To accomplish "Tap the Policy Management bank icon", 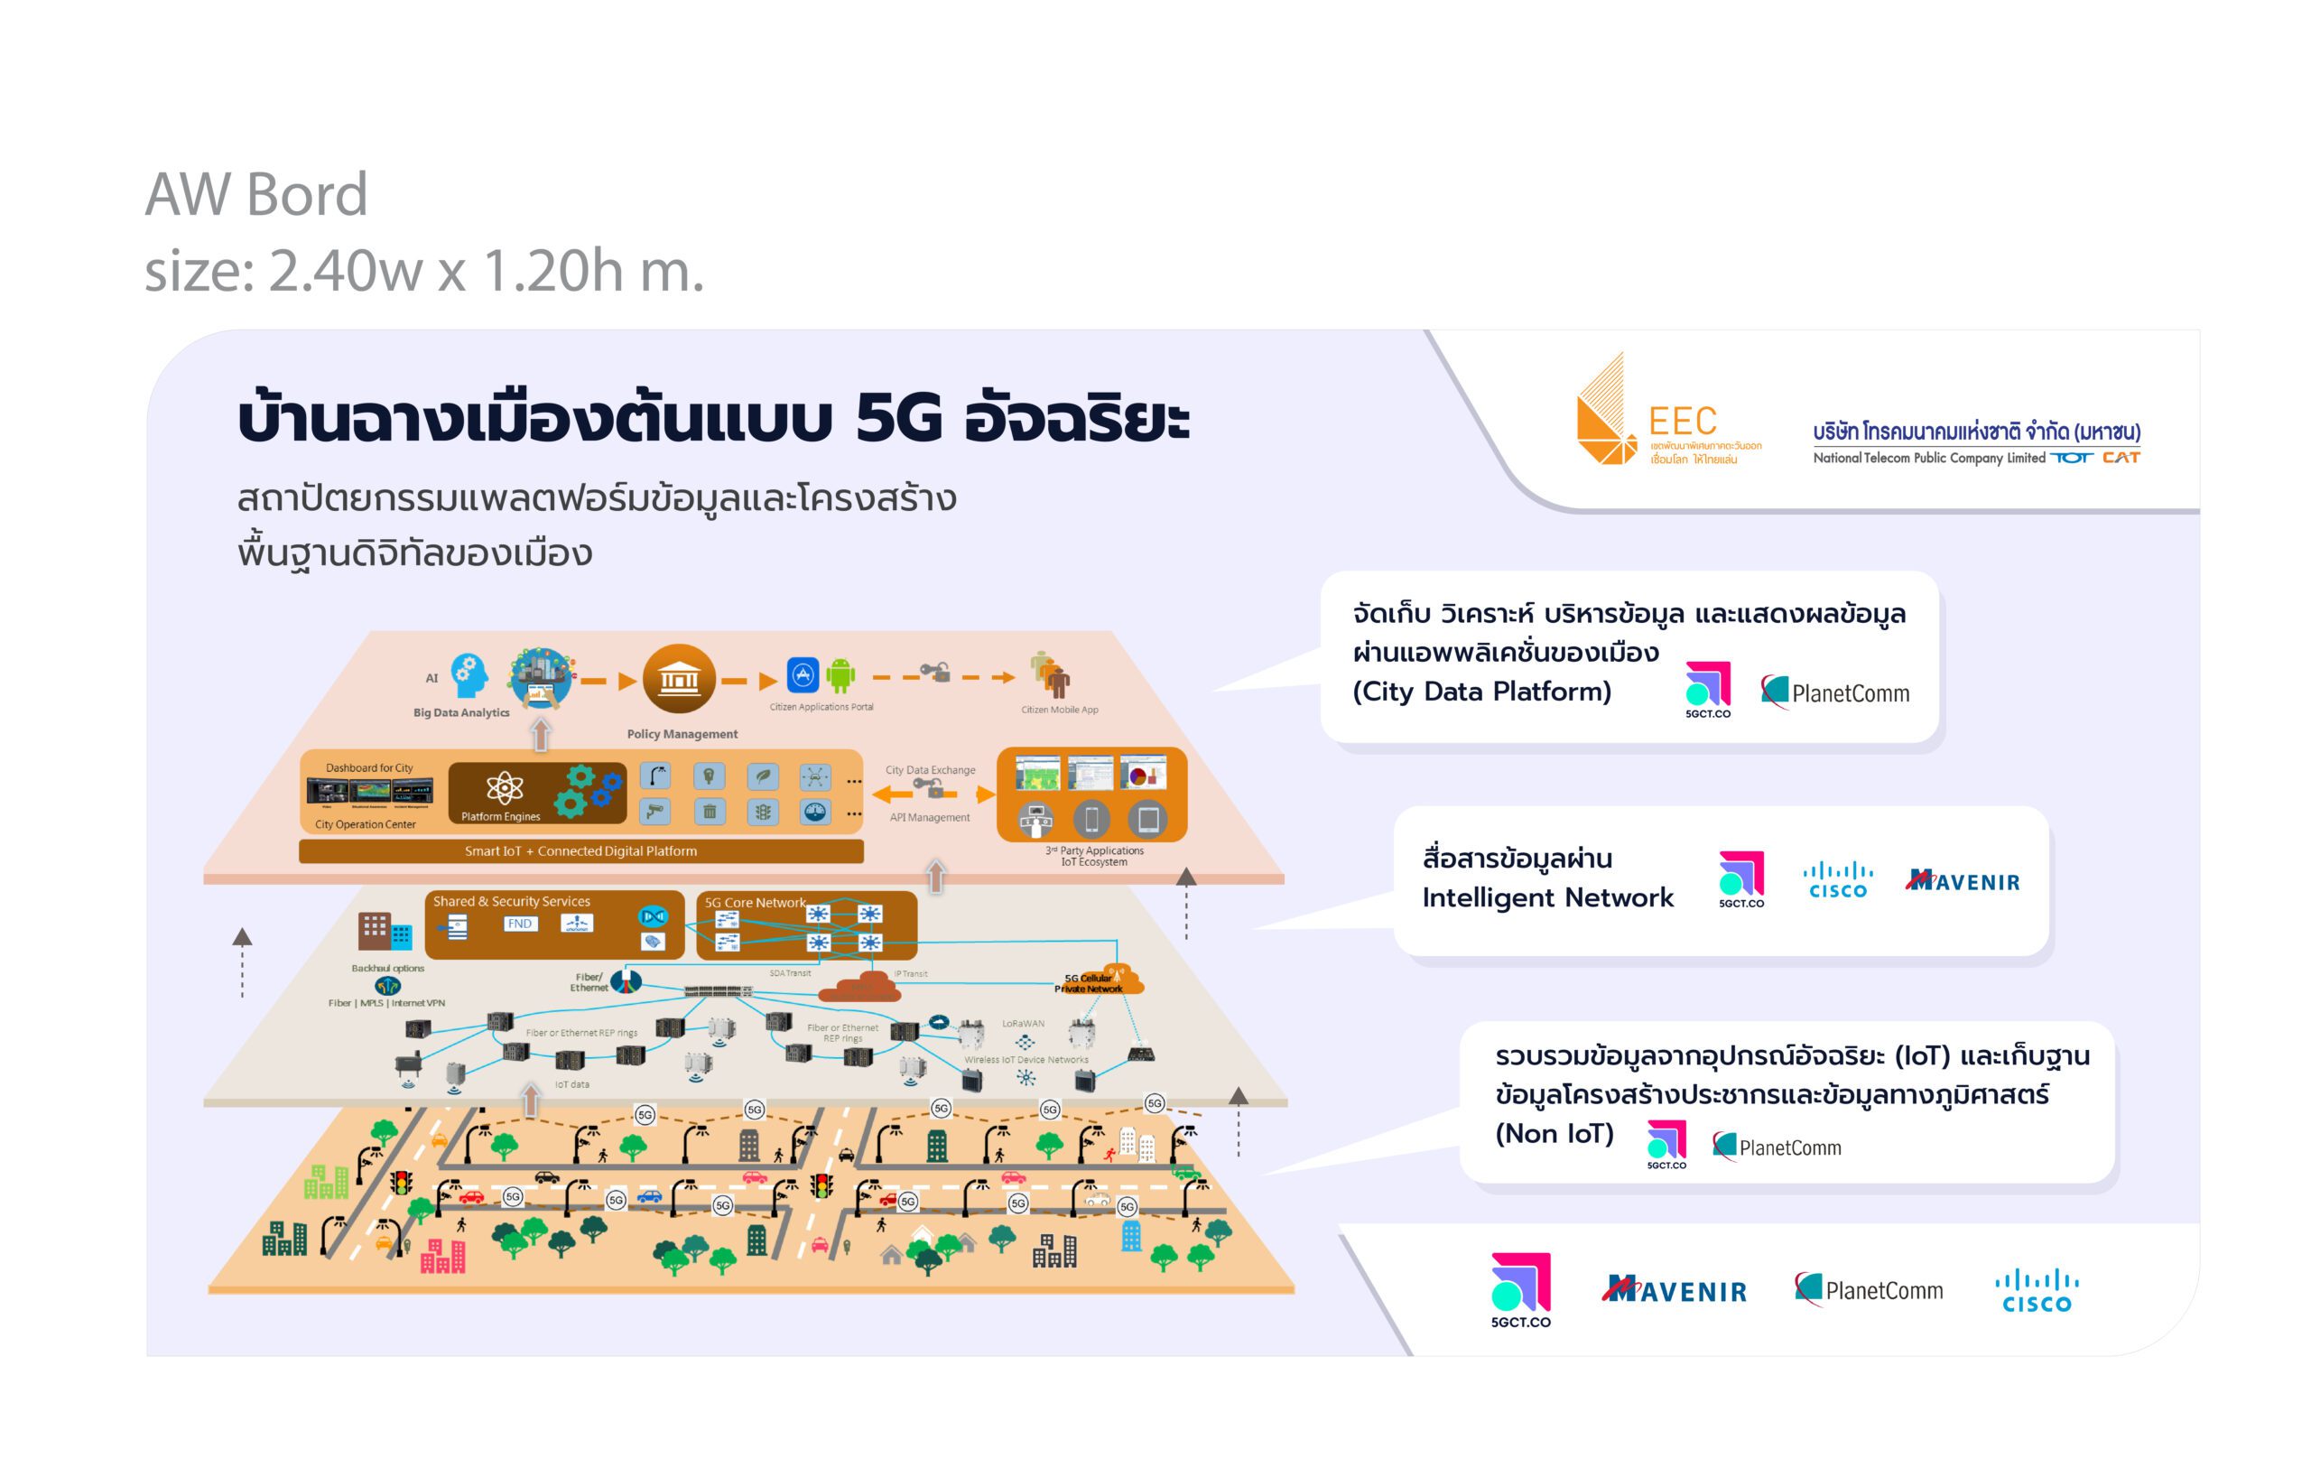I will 679,679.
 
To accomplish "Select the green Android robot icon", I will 840,674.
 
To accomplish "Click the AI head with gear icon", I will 469,674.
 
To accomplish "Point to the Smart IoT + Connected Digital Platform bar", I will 580,851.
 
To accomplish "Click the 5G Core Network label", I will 756,902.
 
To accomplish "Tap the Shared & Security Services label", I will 511,901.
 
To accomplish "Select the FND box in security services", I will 519,924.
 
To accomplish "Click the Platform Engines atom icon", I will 504,789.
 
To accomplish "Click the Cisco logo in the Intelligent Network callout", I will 1837,880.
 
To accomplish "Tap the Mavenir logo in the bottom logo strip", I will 1675,1290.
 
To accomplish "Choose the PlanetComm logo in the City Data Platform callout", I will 1835,692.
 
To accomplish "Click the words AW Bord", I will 256,195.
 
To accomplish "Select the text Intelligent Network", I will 1547,897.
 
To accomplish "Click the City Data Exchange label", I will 930,770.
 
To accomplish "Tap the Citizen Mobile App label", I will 1060,711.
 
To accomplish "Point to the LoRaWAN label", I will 1023,1023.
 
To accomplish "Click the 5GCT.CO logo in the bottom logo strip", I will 1520,1289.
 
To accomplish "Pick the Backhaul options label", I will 388,969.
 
